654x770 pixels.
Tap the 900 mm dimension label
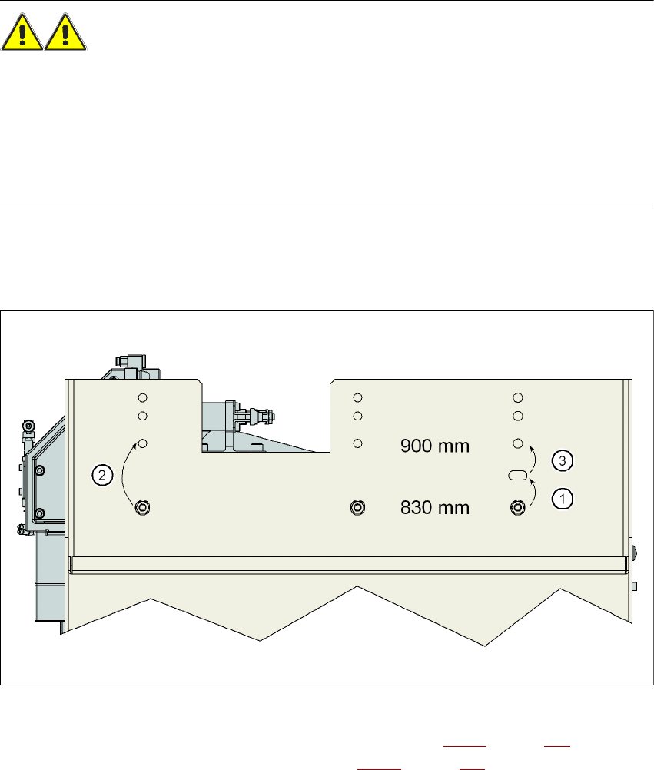[x=435, y=446]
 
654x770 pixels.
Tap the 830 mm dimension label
[x=435, y=507]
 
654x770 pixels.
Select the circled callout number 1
[x=563, y=498]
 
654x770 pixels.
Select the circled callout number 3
[x=563, y=461]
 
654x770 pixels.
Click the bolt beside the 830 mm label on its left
[x=357, y=506]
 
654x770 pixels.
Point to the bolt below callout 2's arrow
[x=143, y=507]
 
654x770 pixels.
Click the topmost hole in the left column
[x=142, y=397]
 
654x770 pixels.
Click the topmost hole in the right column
[x=518, y=397]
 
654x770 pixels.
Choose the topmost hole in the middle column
[x=357, y=397]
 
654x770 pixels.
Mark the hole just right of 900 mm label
[x=518, y=443]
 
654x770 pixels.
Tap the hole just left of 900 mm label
[x=357, y=443]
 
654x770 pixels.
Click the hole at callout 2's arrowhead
[x=143, y=443]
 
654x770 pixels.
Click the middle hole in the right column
[x=518, y=417]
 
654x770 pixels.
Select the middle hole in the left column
[x=142, y=417]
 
